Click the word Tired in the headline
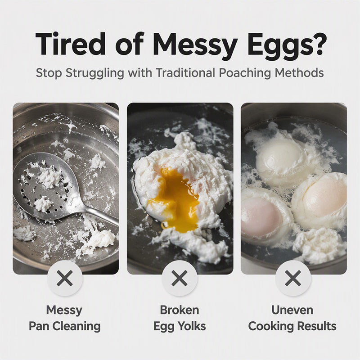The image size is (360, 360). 71,44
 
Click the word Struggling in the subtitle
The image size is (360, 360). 95,73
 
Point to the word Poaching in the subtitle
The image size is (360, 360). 245,73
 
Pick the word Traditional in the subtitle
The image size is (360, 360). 186,73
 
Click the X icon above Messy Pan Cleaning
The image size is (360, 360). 65,278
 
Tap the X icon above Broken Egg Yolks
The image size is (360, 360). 180,278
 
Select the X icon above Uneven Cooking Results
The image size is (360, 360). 293,278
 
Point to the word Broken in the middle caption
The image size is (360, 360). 180,310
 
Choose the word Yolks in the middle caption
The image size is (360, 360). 191,326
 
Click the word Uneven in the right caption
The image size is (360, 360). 292,310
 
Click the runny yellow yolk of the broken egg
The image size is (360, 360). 177,198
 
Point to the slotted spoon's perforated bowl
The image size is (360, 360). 46,185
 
